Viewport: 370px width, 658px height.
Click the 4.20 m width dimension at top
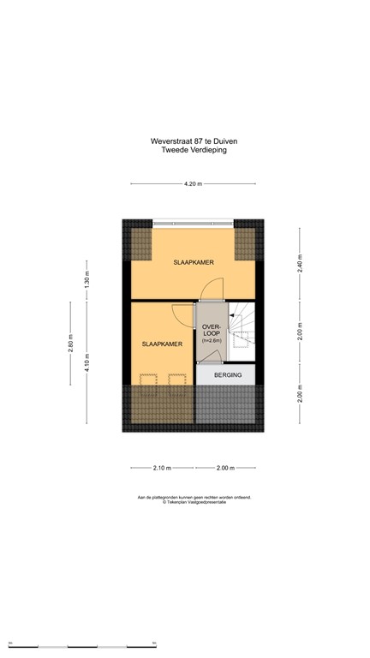[x=193, y=183]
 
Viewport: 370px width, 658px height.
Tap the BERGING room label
[x=227, y=375]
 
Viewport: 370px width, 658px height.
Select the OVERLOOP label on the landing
[x=212, y=330]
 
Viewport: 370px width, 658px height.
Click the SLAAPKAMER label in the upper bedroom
[x=193, y=262]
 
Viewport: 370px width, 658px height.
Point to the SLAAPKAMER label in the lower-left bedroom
[x=162, y=344]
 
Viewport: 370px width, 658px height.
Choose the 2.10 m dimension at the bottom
[x=162, y=468]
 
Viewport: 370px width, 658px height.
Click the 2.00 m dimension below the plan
[x=226, y=468]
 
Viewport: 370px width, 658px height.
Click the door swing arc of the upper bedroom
[x=215, y=290]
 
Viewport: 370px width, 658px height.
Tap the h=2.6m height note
[x=212, y=342]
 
